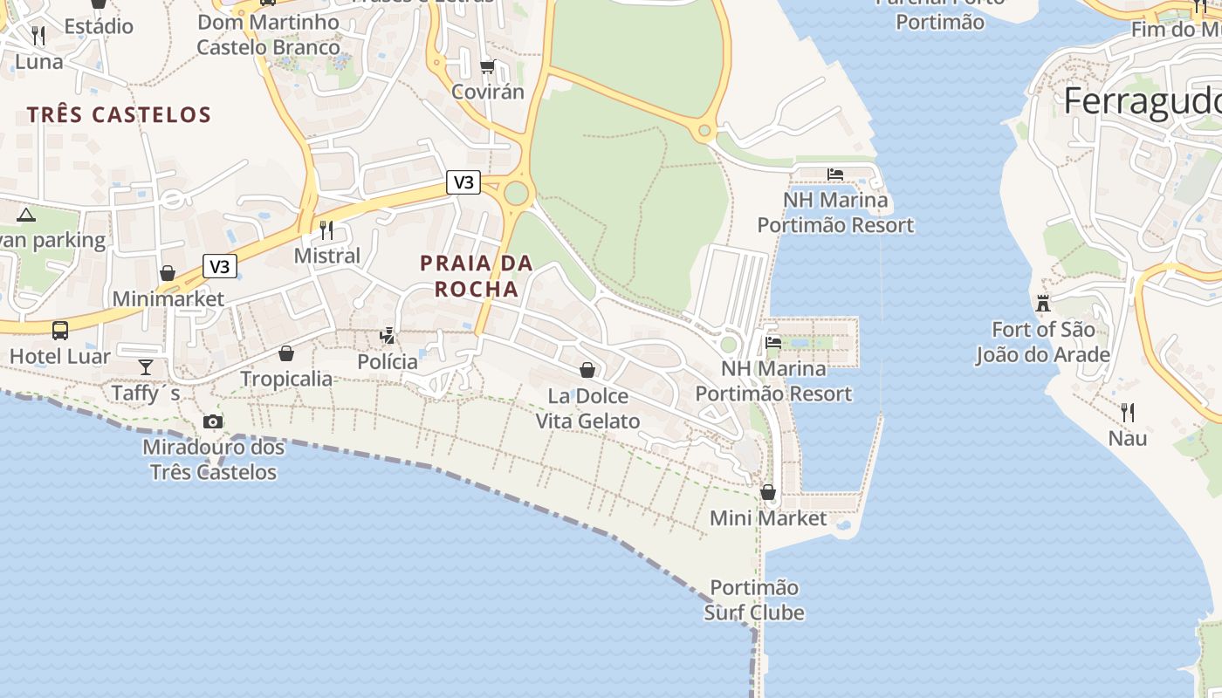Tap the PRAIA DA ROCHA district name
pos(477,276)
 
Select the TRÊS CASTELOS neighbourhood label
pos(119,114)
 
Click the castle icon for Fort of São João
pos(1042,305)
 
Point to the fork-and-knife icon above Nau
pos(1128,412)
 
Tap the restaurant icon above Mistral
pos(326,230)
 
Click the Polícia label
pos(388,361)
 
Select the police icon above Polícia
pos(388,335)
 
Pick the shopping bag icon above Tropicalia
pos(285,353)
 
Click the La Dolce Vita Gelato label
pos(587,408)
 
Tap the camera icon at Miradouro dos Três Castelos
pos(212,422)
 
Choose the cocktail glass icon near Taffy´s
pos(145,367)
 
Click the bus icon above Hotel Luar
pos(60,331)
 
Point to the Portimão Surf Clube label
pos(754,599)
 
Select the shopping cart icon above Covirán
pos(488,66)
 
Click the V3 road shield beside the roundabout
pos(463,182)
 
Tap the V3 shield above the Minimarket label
pos(220,266)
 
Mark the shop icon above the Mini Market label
pos(768,492)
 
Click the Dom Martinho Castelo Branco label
pos(268,34)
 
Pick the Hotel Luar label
pos(60,356)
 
